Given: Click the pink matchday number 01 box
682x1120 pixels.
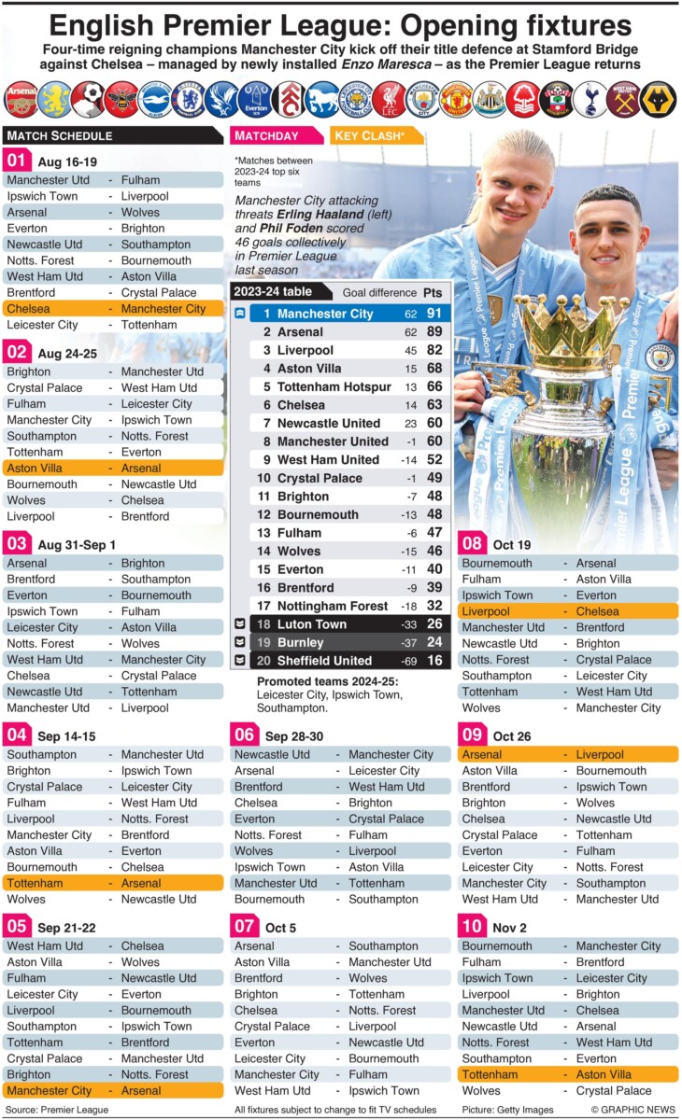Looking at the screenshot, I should (17, 161).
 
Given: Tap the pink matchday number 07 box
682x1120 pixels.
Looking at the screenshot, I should (244, 927).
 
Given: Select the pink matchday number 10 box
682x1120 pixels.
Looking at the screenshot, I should (472, 927).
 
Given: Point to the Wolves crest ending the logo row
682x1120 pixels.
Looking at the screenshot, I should (660, 99).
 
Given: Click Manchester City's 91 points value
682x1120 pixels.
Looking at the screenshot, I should (433, 314).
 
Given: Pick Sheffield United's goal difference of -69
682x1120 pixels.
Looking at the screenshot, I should (410, 661).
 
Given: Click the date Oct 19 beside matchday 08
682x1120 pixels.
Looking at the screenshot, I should (512, 544).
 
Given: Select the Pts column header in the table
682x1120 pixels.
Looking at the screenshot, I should (433, 292).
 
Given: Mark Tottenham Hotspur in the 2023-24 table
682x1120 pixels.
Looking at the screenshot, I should (334, 386).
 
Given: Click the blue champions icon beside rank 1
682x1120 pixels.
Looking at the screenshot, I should (240, 314).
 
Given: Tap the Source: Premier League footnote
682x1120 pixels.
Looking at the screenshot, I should (55, 1110).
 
